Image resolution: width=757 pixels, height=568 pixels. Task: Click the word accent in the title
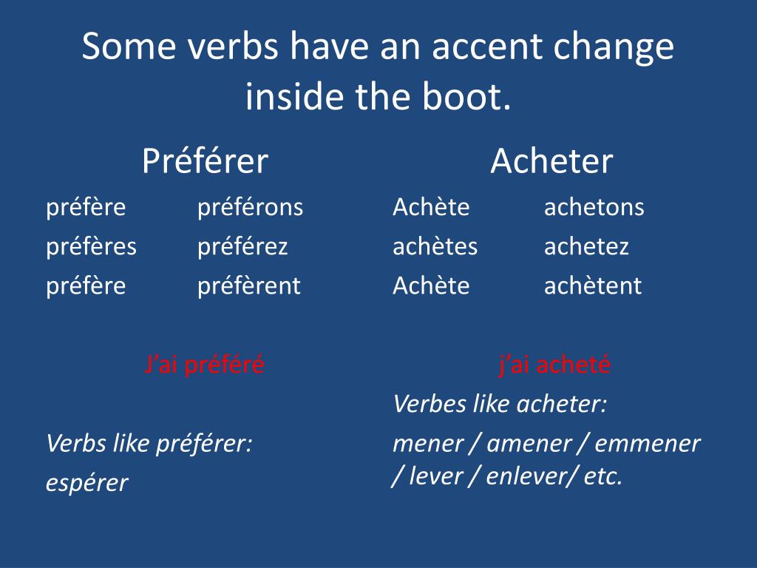pyautogui.click(x=488, y=48)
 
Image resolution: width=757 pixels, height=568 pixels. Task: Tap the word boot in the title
pyautogui.click(x=466, y=96)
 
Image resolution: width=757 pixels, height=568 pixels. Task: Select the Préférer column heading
pyautogui.click(x=206, y=160)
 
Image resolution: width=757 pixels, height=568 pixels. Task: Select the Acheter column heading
pyautogui.click(x=551, y=160)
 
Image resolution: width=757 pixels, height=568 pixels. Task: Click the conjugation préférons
pyautogui.click(x=250, y=208)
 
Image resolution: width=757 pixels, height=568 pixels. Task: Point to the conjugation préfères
pyautogui.click(x=91, y=247)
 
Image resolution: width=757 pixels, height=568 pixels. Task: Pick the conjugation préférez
pyautogui.click(x=242, y=247)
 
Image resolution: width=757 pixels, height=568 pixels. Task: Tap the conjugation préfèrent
pyautogui.click(x=249, y=286)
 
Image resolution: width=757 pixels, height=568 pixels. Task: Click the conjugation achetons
pyautogui.click(x=594, y=207)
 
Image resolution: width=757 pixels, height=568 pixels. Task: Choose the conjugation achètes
pyautogui.click(x=435, y=246)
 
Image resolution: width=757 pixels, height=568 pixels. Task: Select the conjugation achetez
pyautogui.click(x=586, y=246)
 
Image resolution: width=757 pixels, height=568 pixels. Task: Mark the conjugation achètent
pyautogui.click(x=593, y=285)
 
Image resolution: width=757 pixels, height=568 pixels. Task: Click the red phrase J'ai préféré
pyautogui.click(x=204, y=365)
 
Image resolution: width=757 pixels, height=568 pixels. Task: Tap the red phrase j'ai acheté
pyautogui.click(x=554, y=364)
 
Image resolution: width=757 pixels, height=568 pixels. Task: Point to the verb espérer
pyautogui.click(x=87, y=483)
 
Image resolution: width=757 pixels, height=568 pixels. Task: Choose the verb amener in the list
pyautogui.click(x=529, y=444)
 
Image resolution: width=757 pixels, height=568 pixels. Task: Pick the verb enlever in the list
pyautogui.click(x=529, y=476)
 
